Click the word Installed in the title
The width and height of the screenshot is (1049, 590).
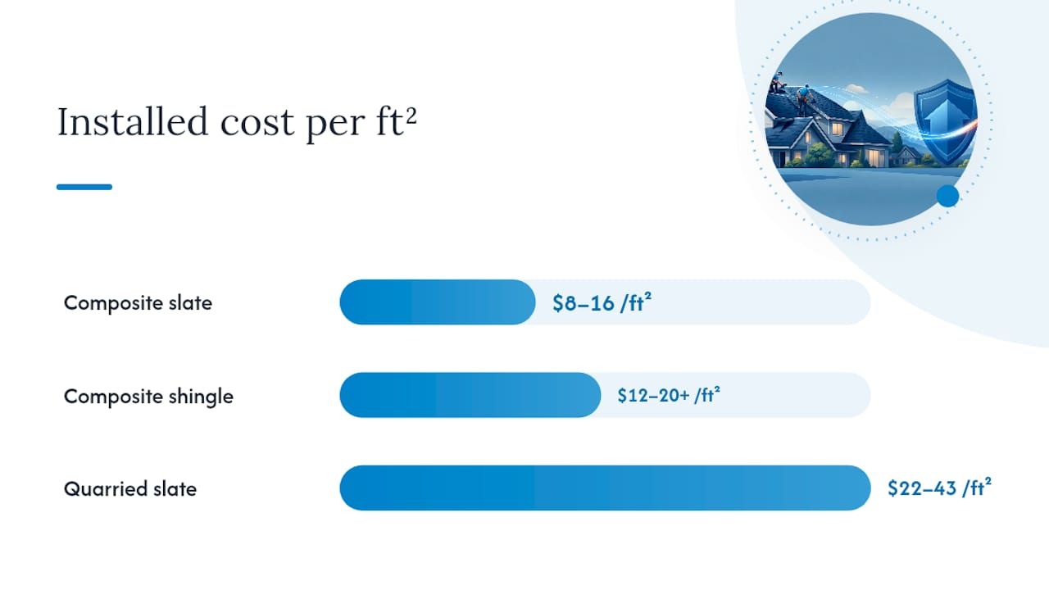pos(133,121)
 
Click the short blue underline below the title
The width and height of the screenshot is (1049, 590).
pos(84,187)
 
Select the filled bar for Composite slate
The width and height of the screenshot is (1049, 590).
pos(438,302)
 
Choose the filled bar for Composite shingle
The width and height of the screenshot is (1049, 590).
pos(470,395)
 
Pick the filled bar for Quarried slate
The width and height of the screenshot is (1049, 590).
pos(605,488)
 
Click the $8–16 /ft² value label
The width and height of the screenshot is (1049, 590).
pos(602,302)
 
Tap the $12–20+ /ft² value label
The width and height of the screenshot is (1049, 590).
pos(669,395)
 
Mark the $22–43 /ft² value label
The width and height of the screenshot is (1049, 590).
pos(939,488)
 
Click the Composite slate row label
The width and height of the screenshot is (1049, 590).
pos(138,303)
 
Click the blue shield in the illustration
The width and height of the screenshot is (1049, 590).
pos(945,122)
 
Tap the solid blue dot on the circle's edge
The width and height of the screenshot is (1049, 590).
pos(948,196)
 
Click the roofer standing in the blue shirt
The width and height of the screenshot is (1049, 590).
pos(804,99)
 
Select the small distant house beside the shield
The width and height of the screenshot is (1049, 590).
pos(906,156)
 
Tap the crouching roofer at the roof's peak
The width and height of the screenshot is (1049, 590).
pos(778,84)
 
